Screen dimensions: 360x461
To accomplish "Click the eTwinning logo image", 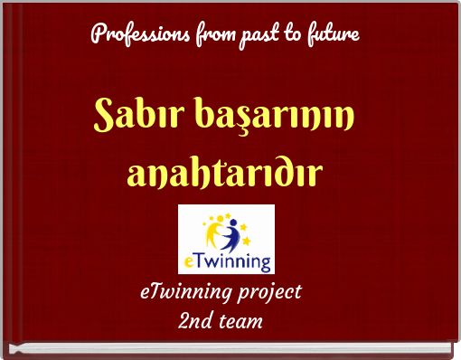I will tap(226, 238).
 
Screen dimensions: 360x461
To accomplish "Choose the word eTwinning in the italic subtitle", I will tap(183, 293).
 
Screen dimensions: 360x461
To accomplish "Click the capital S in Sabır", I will tap(107, 117).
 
